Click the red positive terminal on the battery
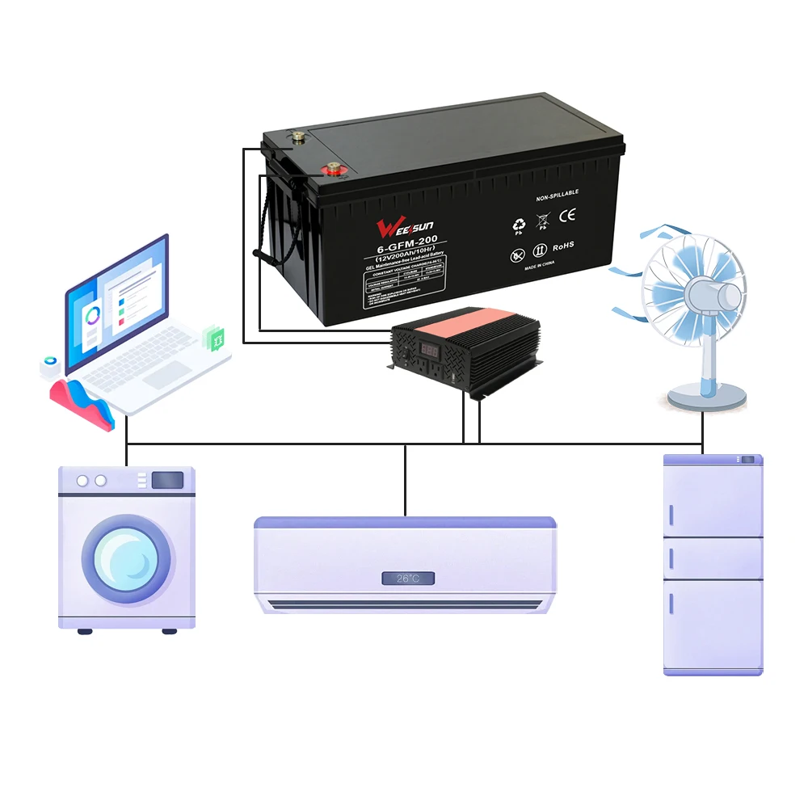pyautogui.click(x=332, y=170)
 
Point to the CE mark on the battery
pyautogui.click(x=568, y=216)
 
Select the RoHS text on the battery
pyautogui.click(x=563, y=244)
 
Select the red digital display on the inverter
pyautogui.click(x=427, y=352)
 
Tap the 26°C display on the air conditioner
pyautogui.click(x=408, y=579)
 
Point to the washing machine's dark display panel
pyautogui.click(x=167, y=480)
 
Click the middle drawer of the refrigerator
pyautogui.click(x=713, y=558)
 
